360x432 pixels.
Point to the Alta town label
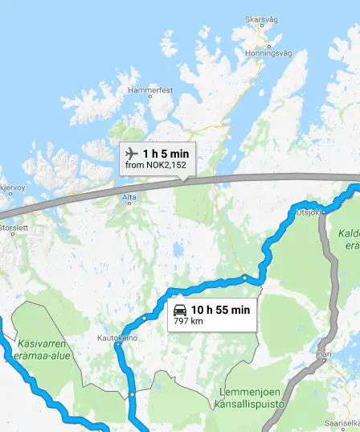pos(129,196)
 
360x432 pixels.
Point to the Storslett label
pos(13,228)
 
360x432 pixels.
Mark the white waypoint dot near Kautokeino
pos(118,344)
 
